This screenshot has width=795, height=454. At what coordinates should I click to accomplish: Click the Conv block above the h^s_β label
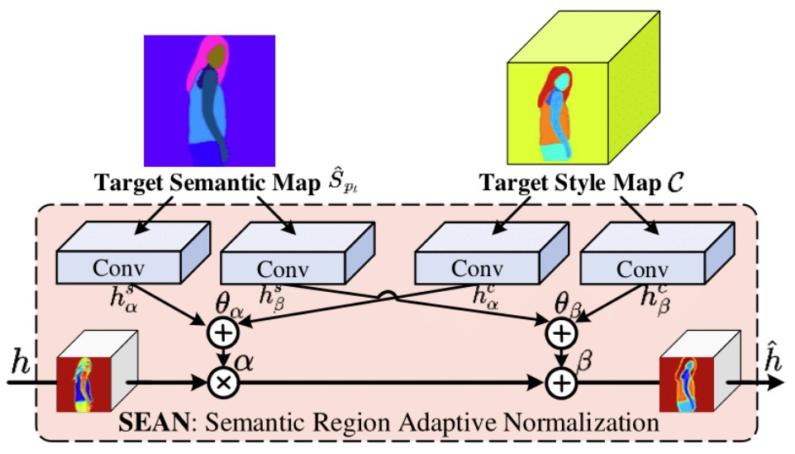point(282,268)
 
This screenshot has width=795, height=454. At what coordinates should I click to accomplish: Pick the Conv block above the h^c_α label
point(472,267)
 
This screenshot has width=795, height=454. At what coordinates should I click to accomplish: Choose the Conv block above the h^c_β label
point(642,268)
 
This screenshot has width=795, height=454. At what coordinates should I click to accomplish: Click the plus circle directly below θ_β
point(562,332)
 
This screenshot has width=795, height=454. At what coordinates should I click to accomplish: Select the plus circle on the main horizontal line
point(562,382)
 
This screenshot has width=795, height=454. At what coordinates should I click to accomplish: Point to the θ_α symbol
point(228,305)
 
